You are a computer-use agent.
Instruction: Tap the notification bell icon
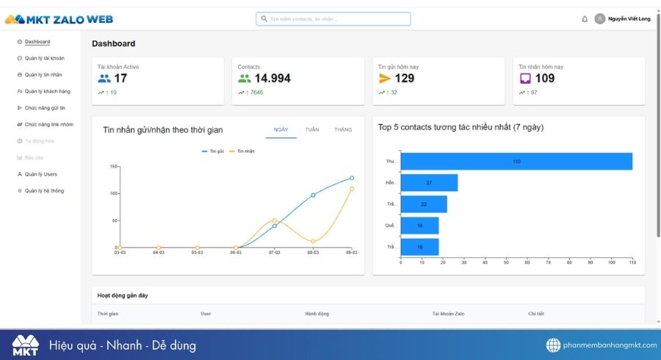click(x=585, y=19)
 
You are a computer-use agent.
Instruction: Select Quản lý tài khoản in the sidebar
click(x=43, y=58)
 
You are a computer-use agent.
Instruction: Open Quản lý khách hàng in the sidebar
click(x=47, y=91)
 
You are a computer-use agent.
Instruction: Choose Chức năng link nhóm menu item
click(x=48, y=124)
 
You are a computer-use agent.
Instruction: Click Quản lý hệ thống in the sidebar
click(x=44, y=190)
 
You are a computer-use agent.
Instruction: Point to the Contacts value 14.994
click(x=272, y=79)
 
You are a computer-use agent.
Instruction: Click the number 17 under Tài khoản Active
click(x=120, y=79)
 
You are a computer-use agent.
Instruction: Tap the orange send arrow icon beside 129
click(x=385, y=79)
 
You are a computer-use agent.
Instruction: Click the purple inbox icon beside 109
click(x=525, y=79)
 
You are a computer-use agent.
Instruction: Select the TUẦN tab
click(x=312, y=129)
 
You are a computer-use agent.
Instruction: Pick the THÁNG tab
click(x=343, y=129)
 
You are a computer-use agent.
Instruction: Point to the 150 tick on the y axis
click(x=113, y=166)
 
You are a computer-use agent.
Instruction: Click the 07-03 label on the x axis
click(x=274, y=252)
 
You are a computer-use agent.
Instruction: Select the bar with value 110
click(x=516, y=161)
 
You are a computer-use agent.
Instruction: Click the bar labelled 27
click(x=429, y=182)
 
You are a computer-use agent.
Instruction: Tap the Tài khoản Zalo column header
click(x=449, y=314)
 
